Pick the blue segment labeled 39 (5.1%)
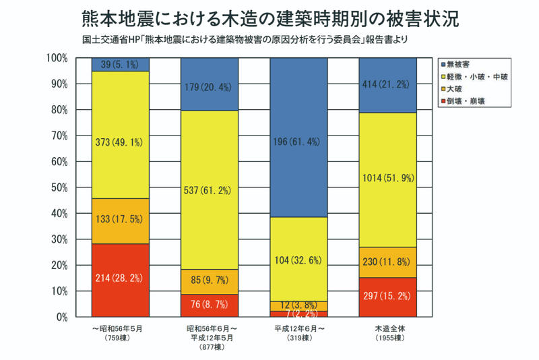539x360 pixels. (121, 65)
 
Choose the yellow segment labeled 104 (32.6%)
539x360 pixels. (298, 259)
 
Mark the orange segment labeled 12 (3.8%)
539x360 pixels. (298, 306)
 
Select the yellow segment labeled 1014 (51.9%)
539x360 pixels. (387, 179)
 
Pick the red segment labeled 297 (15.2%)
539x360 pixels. (387, 297)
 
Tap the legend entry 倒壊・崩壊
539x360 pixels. (466, 100)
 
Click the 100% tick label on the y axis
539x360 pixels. (57, 59)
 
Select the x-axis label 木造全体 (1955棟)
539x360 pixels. (387, 332)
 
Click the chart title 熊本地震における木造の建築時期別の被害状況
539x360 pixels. (269, 18)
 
